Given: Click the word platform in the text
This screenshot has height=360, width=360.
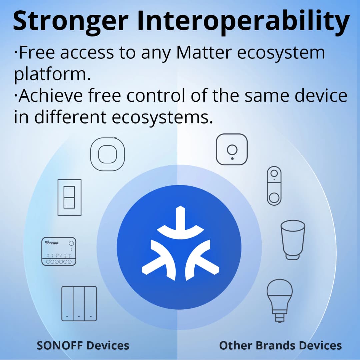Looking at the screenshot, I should (x=52, y=75).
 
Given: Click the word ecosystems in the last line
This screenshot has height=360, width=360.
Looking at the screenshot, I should (x=162, y=117).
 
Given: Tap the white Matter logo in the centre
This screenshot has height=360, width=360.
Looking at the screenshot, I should (x=180, y=243).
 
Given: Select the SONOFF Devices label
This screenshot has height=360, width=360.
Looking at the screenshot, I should (x=83, y=345).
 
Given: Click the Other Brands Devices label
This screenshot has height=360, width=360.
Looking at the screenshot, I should (x=280, y=345).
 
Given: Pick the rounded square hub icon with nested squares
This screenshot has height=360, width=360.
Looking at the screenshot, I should (x=107, y=154).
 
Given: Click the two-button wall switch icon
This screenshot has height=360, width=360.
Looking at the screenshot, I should (x=69, y=197).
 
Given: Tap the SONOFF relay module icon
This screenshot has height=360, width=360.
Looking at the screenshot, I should (x=59, y=251).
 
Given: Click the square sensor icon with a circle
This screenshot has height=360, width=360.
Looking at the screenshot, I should (x=232, y=149).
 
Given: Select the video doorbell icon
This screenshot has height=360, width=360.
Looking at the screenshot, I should (x=274, y=186).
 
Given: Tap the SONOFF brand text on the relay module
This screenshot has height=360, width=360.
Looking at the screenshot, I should (x=52, y=243).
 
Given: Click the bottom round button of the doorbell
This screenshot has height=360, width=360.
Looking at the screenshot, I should (x=274, y=197).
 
